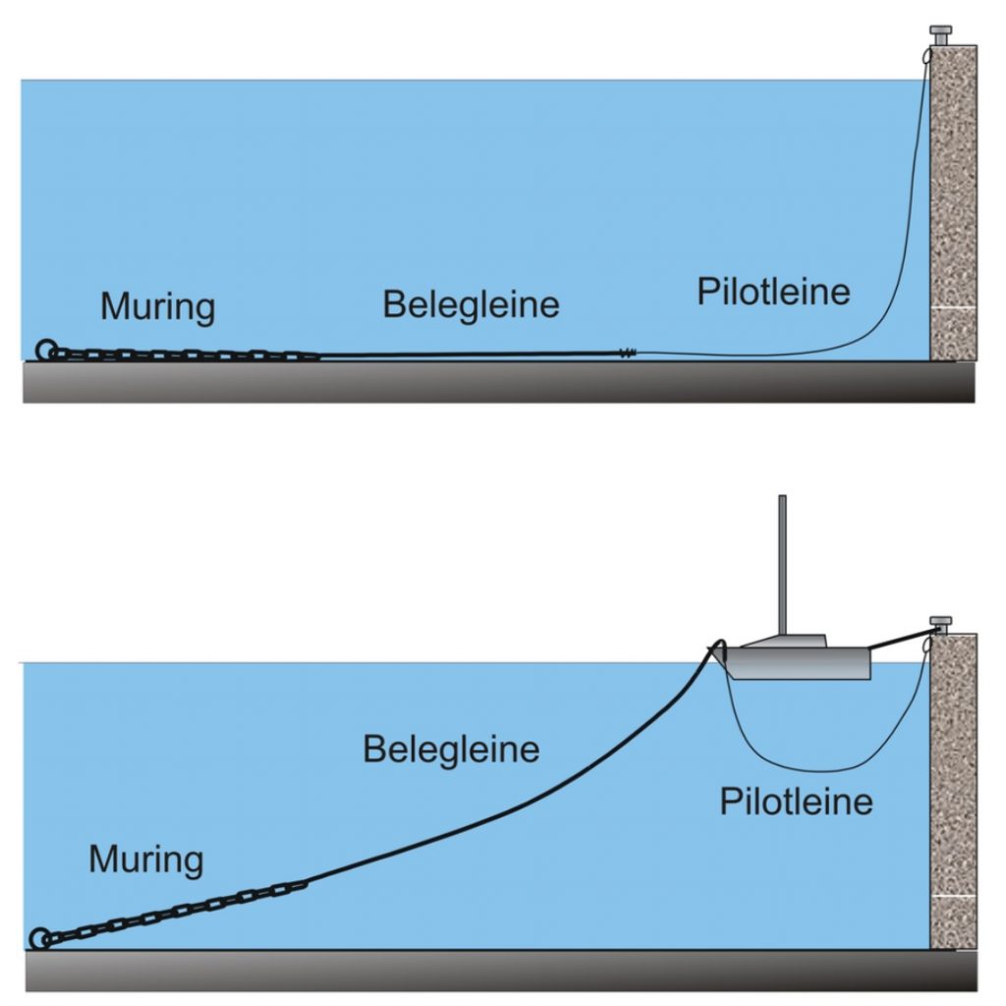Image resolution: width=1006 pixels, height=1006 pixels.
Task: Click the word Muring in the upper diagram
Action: (x=157, y=307)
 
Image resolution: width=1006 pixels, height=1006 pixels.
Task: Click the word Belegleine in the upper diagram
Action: (x=471, y=304)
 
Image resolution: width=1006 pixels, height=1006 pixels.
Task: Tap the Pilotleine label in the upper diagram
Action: (x=773, y=292)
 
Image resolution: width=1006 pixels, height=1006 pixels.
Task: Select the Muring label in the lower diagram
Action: (x=145, y=860)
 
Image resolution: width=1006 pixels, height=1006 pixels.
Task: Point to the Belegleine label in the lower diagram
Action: (x=451, y=751)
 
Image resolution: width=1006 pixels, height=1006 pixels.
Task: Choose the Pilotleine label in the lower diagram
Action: (x=796, y=802)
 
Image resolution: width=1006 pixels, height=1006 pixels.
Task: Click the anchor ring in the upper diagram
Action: (x=45, y=350)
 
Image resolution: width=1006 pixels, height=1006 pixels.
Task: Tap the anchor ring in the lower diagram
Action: (x=40, y=938)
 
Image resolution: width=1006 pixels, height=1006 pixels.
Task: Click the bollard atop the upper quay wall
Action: (x=941, y=35)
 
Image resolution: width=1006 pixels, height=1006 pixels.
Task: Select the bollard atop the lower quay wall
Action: (x=940, y=622)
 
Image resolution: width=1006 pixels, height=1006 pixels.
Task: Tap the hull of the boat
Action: (x=801, y=662)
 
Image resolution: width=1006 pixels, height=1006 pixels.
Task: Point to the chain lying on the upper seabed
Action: (x=187, y=355)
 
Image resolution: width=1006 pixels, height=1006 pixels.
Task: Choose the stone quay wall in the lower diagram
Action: (x=952, y=786)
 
